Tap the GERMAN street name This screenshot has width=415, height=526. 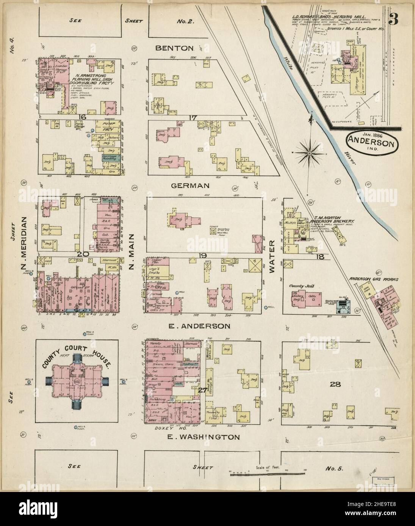click(190, 185)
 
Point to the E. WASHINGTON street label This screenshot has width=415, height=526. click(204, 437)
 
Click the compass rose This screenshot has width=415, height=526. click(309, 153)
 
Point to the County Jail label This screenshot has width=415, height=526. click(298, 286)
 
